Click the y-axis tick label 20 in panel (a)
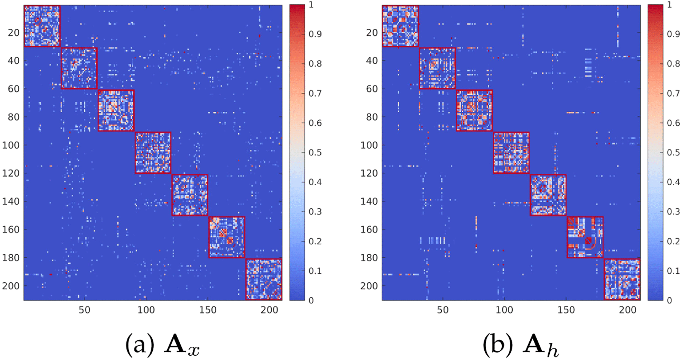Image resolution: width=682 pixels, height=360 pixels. pos(13,33)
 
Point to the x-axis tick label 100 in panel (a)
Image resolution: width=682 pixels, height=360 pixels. pos(146,310)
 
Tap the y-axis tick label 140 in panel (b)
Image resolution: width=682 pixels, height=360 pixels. pos(369,202)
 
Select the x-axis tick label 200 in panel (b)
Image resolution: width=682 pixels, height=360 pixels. pos(628,310)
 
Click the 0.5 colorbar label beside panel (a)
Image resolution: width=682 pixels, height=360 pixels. pos(315,153)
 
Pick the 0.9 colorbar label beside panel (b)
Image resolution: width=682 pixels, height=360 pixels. pos(673,34)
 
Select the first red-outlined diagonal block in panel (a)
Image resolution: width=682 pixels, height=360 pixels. pos(42,26)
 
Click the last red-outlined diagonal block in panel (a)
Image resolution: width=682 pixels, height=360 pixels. pos(264,279)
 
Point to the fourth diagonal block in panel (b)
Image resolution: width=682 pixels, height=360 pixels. pos(511,153)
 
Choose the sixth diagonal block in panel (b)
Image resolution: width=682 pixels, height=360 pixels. pos(585,237)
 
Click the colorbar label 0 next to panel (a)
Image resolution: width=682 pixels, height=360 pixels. pos(311,301)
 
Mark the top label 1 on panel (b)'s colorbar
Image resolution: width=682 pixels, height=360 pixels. pos(669,5)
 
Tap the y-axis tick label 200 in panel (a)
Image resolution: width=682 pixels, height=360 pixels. pos(11,286)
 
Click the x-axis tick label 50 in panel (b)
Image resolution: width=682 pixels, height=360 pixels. pos(443,310)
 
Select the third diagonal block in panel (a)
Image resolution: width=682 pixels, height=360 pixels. pos(116,111)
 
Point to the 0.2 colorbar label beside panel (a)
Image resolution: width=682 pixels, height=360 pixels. pos(315,241)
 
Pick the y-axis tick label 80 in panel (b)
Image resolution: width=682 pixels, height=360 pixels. pos(372,117)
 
